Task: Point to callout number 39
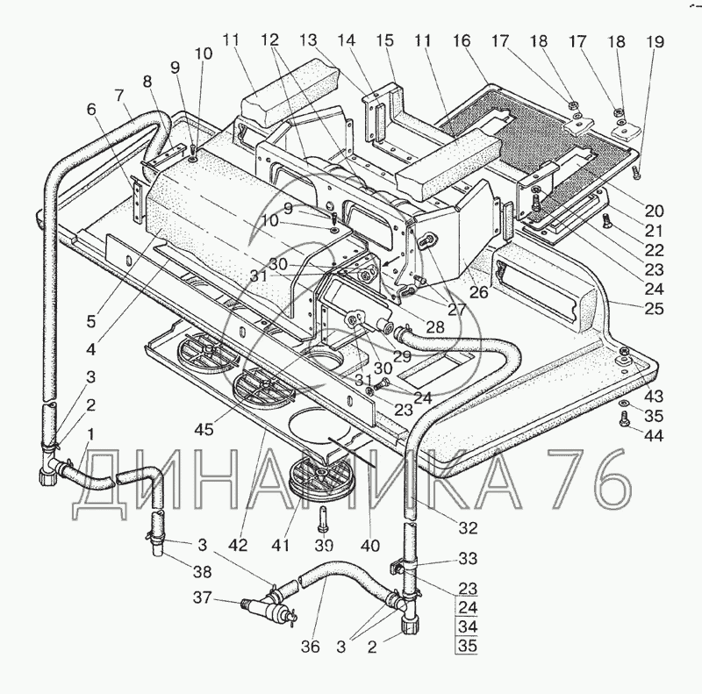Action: pyautogui.click(x=325, y=545)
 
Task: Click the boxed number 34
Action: pyautogui.click(x=466, y=628)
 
